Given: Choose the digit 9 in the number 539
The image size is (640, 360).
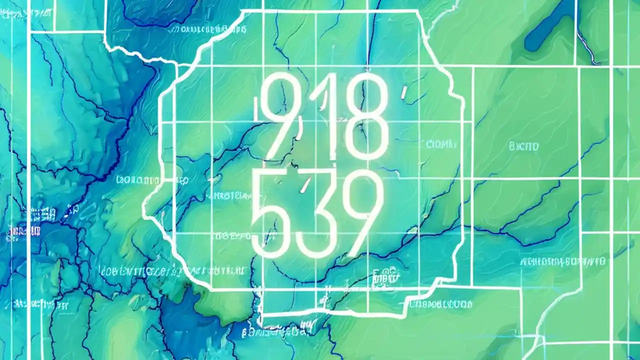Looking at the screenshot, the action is click(357, 212).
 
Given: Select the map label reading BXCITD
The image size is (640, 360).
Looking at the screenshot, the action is click(523, 146).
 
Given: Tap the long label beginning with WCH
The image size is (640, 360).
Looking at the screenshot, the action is click(562, 261).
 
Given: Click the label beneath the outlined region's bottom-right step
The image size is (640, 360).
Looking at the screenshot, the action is click(440, 303).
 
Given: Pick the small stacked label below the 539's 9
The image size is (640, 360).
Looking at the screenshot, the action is click(385, 274).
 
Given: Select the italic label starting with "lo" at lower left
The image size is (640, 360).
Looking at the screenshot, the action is click(145, 271).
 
